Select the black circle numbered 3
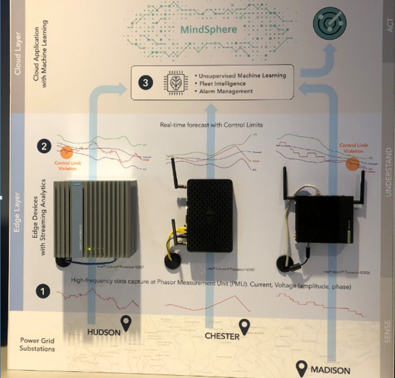tap(146, 83)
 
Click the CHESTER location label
tap(222, 335)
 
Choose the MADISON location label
tap(330, 370)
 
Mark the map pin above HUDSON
tap(127, 321)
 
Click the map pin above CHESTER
tap(244, 326)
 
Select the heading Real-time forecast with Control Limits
tap(212, 125)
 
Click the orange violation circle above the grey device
tap(67, 153)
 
